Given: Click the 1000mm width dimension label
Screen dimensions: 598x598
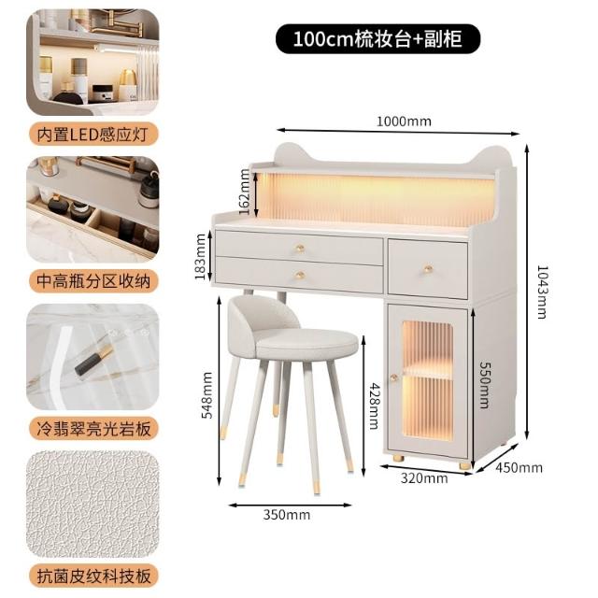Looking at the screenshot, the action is [404, 121].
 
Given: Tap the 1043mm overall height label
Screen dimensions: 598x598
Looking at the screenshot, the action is [542, 292].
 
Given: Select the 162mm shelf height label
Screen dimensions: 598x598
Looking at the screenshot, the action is [245, 192].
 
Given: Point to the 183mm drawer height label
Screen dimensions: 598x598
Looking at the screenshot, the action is [200, 257].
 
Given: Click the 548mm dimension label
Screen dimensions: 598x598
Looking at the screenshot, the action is [206, 395].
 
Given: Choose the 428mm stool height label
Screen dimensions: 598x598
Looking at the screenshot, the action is [374, 406].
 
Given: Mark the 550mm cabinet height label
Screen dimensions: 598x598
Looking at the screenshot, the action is [484, 385].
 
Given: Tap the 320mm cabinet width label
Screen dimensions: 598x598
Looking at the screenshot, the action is [424, 478].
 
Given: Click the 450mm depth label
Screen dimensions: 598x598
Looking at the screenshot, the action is [519, 467].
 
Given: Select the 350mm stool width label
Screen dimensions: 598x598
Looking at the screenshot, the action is [287, 515].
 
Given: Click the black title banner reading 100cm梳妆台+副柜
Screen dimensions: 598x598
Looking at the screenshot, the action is [377, 39].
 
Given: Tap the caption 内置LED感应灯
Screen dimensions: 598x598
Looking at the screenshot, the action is [93, 135].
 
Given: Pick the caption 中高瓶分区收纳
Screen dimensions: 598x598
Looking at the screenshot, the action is [93, 281].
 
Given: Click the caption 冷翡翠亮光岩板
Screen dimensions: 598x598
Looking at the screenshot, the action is [93, 428].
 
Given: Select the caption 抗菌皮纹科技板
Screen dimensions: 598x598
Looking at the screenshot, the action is [93, 576].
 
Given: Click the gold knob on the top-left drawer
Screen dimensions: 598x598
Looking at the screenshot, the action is [300, 249].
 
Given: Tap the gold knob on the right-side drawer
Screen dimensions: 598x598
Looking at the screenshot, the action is [428, 269].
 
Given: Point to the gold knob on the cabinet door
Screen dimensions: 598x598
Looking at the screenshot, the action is [394, 377].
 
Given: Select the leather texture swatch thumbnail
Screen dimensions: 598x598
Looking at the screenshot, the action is [93, 505].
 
